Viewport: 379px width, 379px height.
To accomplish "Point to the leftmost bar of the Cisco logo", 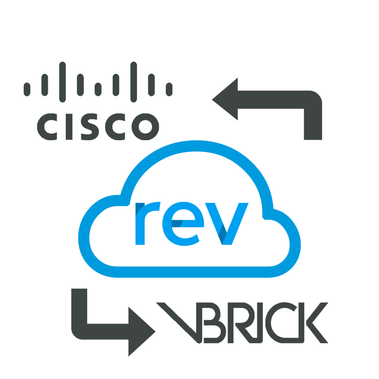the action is coord(27,89).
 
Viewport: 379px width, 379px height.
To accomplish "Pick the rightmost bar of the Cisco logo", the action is coord(169,89).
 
